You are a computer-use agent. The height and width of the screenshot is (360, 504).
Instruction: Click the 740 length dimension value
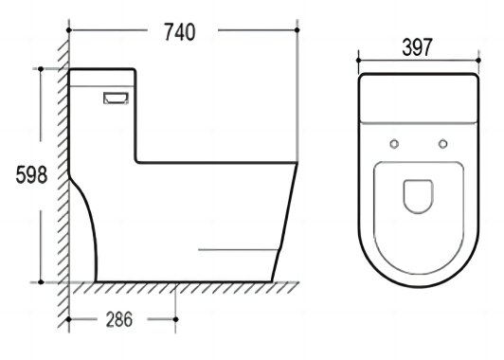coord(179,32)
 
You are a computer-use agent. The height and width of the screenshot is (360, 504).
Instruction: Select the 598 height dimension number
coord(31,175)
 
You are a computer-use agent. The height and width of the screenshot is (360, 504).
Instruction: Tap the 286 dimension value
coord(119,319)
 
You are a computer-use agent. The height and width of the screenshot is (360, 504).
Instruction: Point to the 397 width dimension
coord(417,47)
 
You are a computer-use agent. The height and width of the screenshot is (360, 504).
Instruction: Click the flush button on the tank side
coord(116,98)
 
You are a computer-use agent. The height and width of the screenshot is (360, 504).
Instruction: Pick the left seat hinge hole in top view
coord(394,144)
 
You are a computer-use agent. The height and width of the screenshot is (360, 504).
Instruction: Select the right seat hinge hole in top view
coord(443,144)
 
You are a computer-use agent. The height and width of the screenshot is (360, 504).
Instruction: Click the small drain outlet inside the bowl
coord(418,196)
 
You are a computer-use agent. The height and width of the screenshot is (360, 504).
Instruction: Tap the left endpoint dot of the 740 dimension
coord(69,30)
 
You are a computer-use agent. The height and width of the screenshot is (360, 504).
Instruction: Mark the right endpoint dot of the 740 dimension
coord(297,30)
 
